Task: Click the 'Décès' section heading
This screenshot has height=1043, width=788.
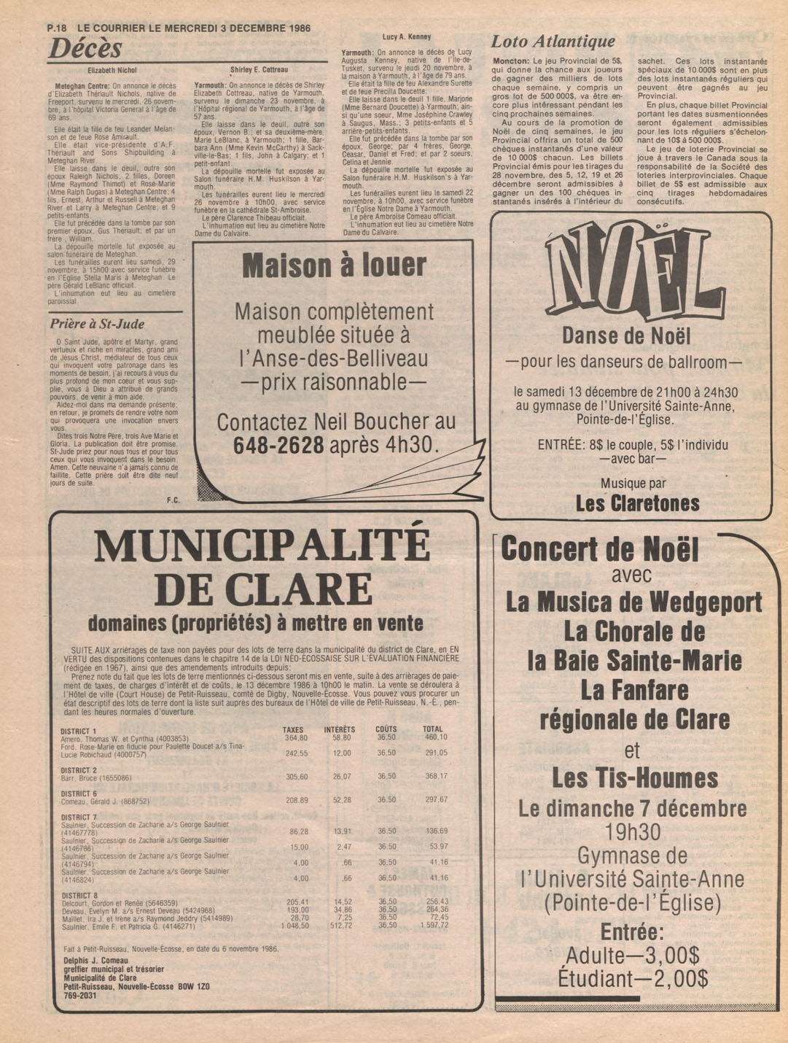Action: point(85,49)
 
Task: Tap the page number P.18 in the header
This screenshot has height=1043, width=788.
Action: point(57,28)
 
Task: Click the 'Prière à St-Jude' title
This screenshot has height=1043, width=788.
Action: point(97,324)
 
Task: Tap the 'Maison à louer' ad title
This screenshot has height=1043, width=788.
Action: point(334,266)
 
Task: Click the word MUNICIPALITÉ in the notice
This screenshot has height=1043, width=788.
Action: point(262,546)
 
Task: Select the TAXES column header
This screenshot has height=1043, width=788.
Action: point(293,729)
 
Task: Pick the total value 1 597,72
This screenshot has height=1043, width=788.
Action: point(434,926)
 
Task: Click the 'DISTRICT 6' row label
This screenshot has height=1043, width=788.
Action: point(79,794)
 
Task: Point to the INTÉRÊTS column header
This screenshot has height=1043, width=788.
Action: point(340,729)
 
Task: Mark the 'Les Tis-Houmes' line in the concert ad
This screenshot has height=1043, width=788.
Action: point(634,778)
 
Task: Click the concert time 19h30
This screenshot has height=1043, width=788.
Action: point(633,831)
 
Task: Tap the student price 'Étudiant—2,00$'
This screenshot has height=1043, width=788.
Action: point(632,978)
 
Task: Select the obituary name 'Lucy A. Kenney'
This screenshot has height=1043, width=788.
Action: point(406,36)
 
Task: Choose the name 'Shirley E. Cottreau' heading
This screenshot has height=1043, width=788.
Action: point(259,70)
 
